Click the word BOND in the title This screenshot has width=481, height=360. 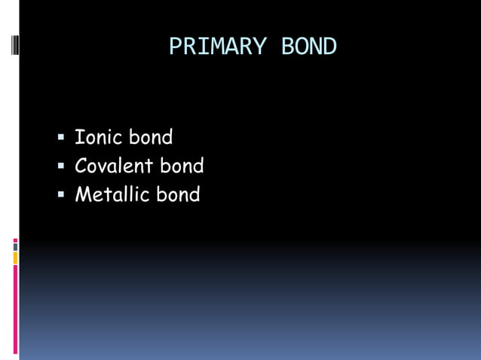coord(309,47)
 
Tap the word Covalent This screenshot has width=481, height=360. coord(114,166)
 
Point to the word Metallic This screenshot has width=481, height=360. coord(112,195)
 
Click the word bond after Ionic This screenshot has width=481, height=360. coord(151,138)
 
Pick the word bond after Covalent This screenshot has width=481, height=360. coord(182,166)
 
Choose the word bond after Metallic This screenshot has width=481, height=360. coord(179,195)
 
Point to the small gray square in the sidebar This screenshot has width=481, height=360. coord(15,247)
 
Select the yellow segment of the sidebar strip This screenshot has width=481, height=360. coord(15,258)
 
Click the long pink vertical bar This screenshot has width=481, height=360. coord(15,309)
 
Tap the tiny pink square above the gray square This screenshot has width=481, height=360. coord(15,240)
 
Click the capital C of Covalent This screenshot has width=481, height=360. coord(81,166)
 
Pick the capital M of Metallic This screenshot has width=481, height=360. coord(82,195)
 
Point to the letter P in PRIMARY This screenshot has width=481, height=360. coord(175,47)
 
